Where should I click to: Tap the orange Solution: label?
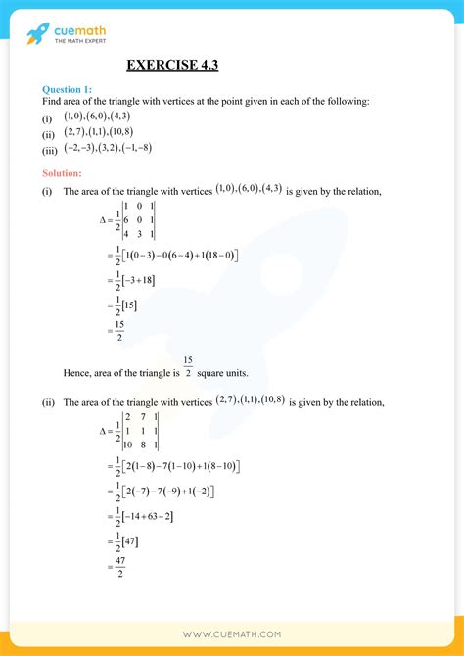click(x=64, y=173)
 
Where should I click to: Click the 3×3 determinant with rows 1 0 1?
click(x=138, y=220)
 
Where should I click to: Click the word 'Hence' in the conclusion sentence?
click(x=77, y=373)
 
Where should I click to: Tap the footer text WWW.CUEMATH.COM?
click(x=232, y=635)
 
